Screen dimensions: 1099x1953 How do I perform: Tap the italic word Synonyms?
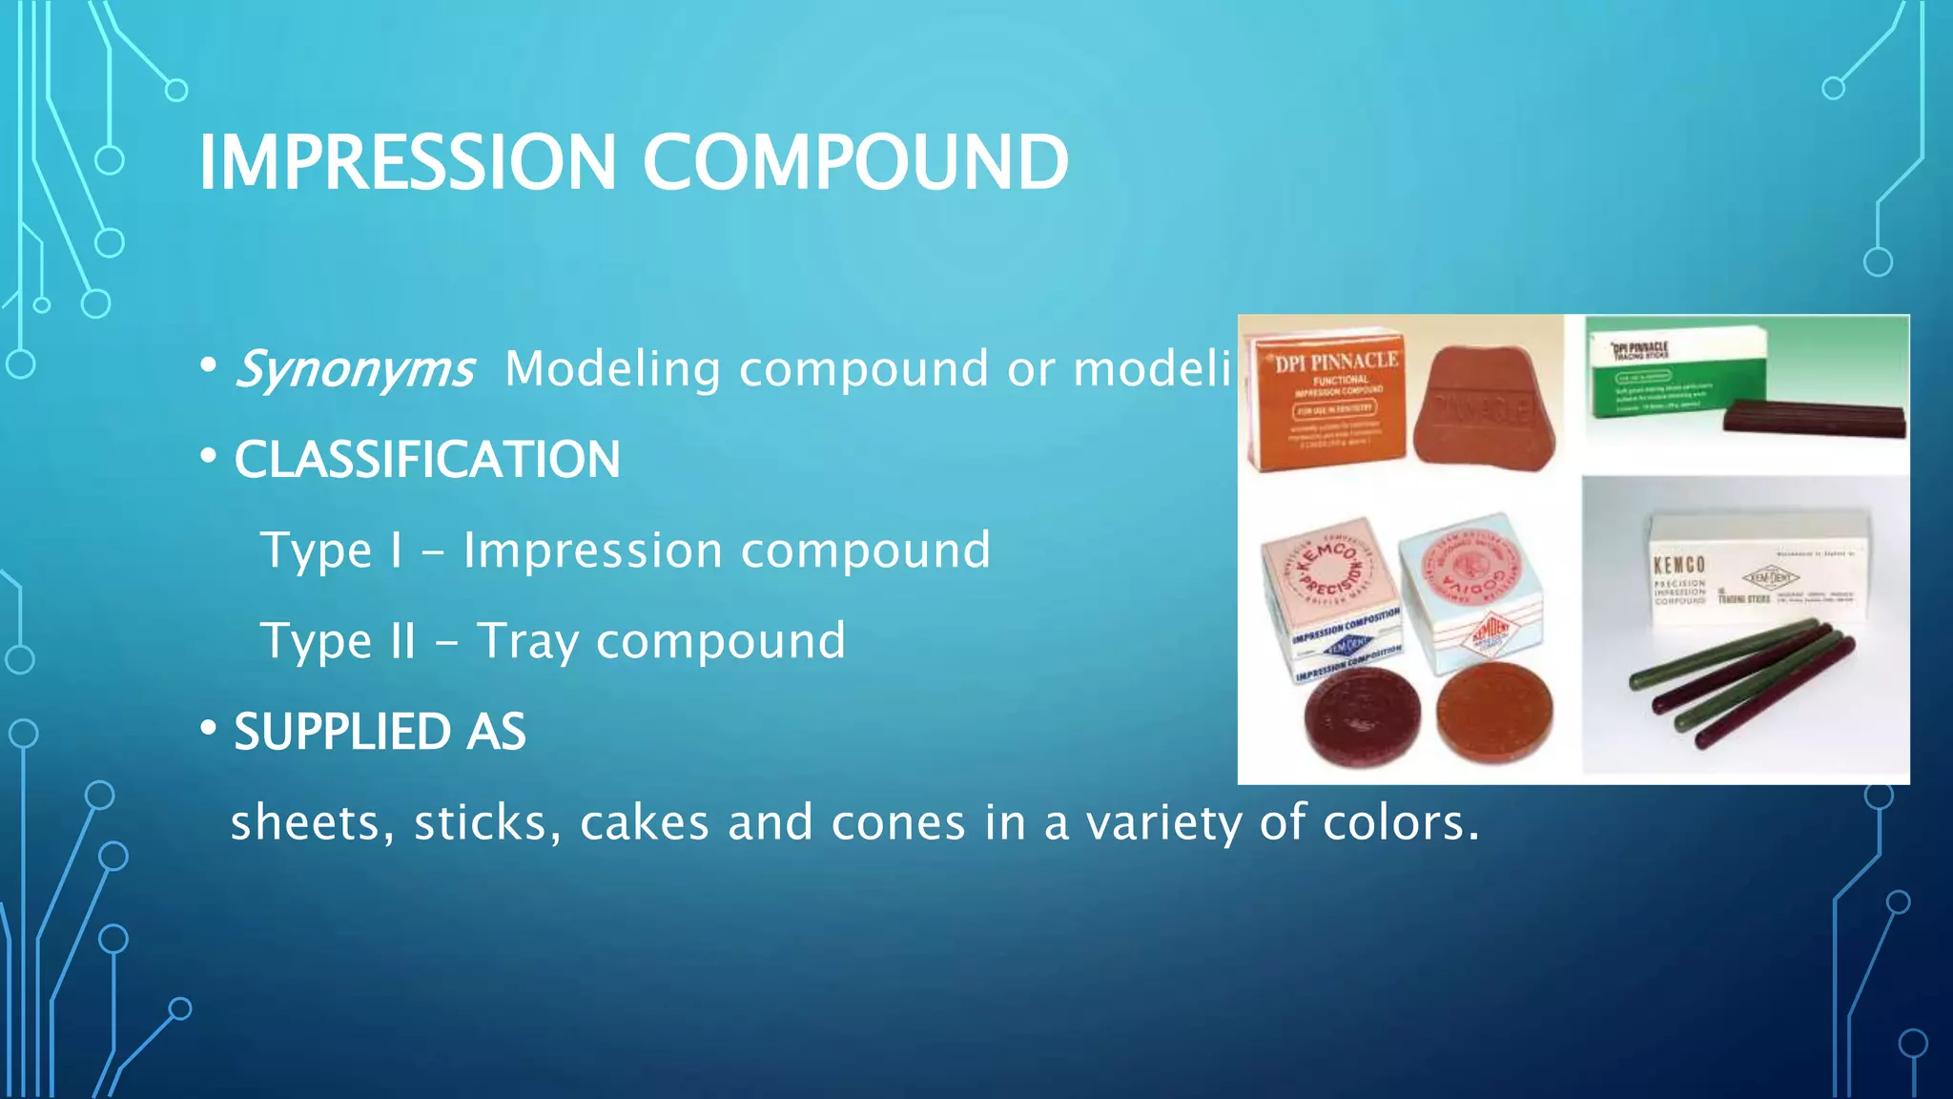click(x=354, y=369)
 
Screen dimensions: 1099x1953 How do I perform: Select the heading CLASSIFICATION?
click(x=427, y=460)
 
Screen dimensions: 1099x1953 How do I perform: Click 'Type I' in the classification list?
click(x=331, y=550)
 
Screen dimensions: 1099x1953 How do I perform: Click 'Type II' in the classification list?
click(x=338, y=641)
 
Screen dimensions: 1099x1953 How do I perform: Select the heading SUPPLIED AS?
click(x=380, y=732)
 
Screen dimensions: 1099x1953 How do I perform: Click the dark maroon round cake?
click(x=1362, y=715)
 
